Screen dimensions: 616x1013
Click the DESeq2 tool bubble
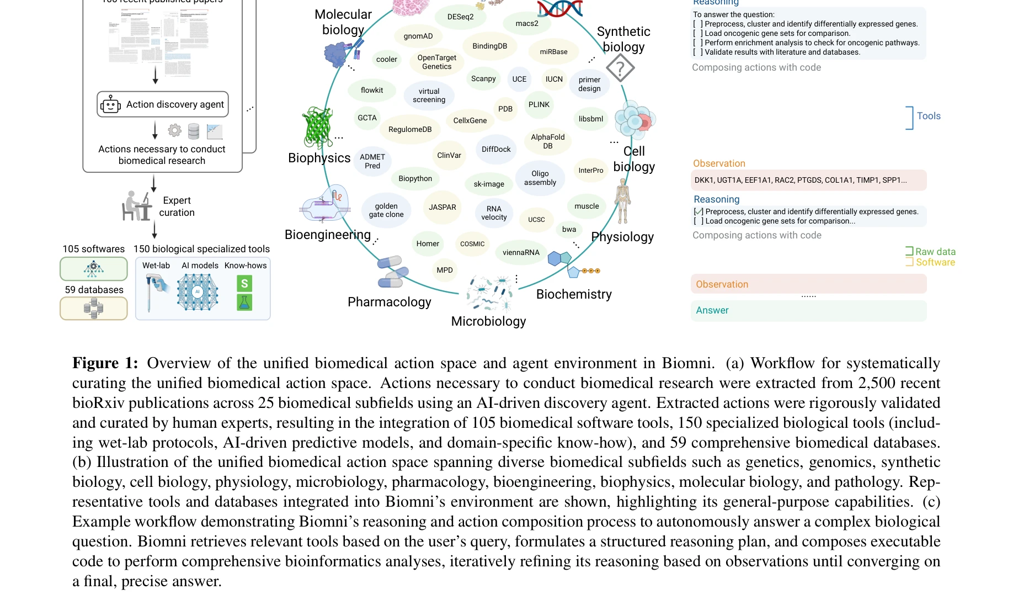(460, 17)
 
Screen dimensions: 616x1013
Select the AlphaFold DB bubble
(547, 141)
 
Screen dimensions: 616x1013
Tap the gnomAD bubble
(418, 36)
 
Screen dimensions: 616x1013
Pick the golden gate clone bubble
(386, 210)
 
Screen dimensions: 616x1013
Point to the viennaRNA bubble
(521, 252)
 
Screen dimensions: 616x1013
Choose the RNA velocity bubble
(494, 213)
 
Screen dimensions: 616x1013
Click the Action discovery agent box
(163, 104)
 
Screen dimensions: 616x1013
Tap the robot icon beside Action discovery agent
(110, 104)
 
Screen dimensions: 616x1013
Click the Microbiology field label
(488, 321)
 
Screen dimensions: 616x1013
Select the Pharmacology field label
(389, 302)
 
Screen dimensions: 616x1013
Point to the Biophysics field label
(319, 158)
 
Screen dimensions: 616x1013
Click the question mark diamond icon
(620, 69)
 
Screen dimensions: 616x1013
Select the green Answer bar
(808, 311)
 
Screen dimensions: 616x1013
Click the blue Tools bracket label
(929, 116)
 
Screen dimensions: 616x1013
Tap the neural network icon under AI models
(197, 291)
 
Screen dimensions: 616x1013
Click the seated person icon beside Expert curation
(136, 206)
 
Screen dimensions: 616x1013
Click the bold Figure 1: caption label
(105, 363)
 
